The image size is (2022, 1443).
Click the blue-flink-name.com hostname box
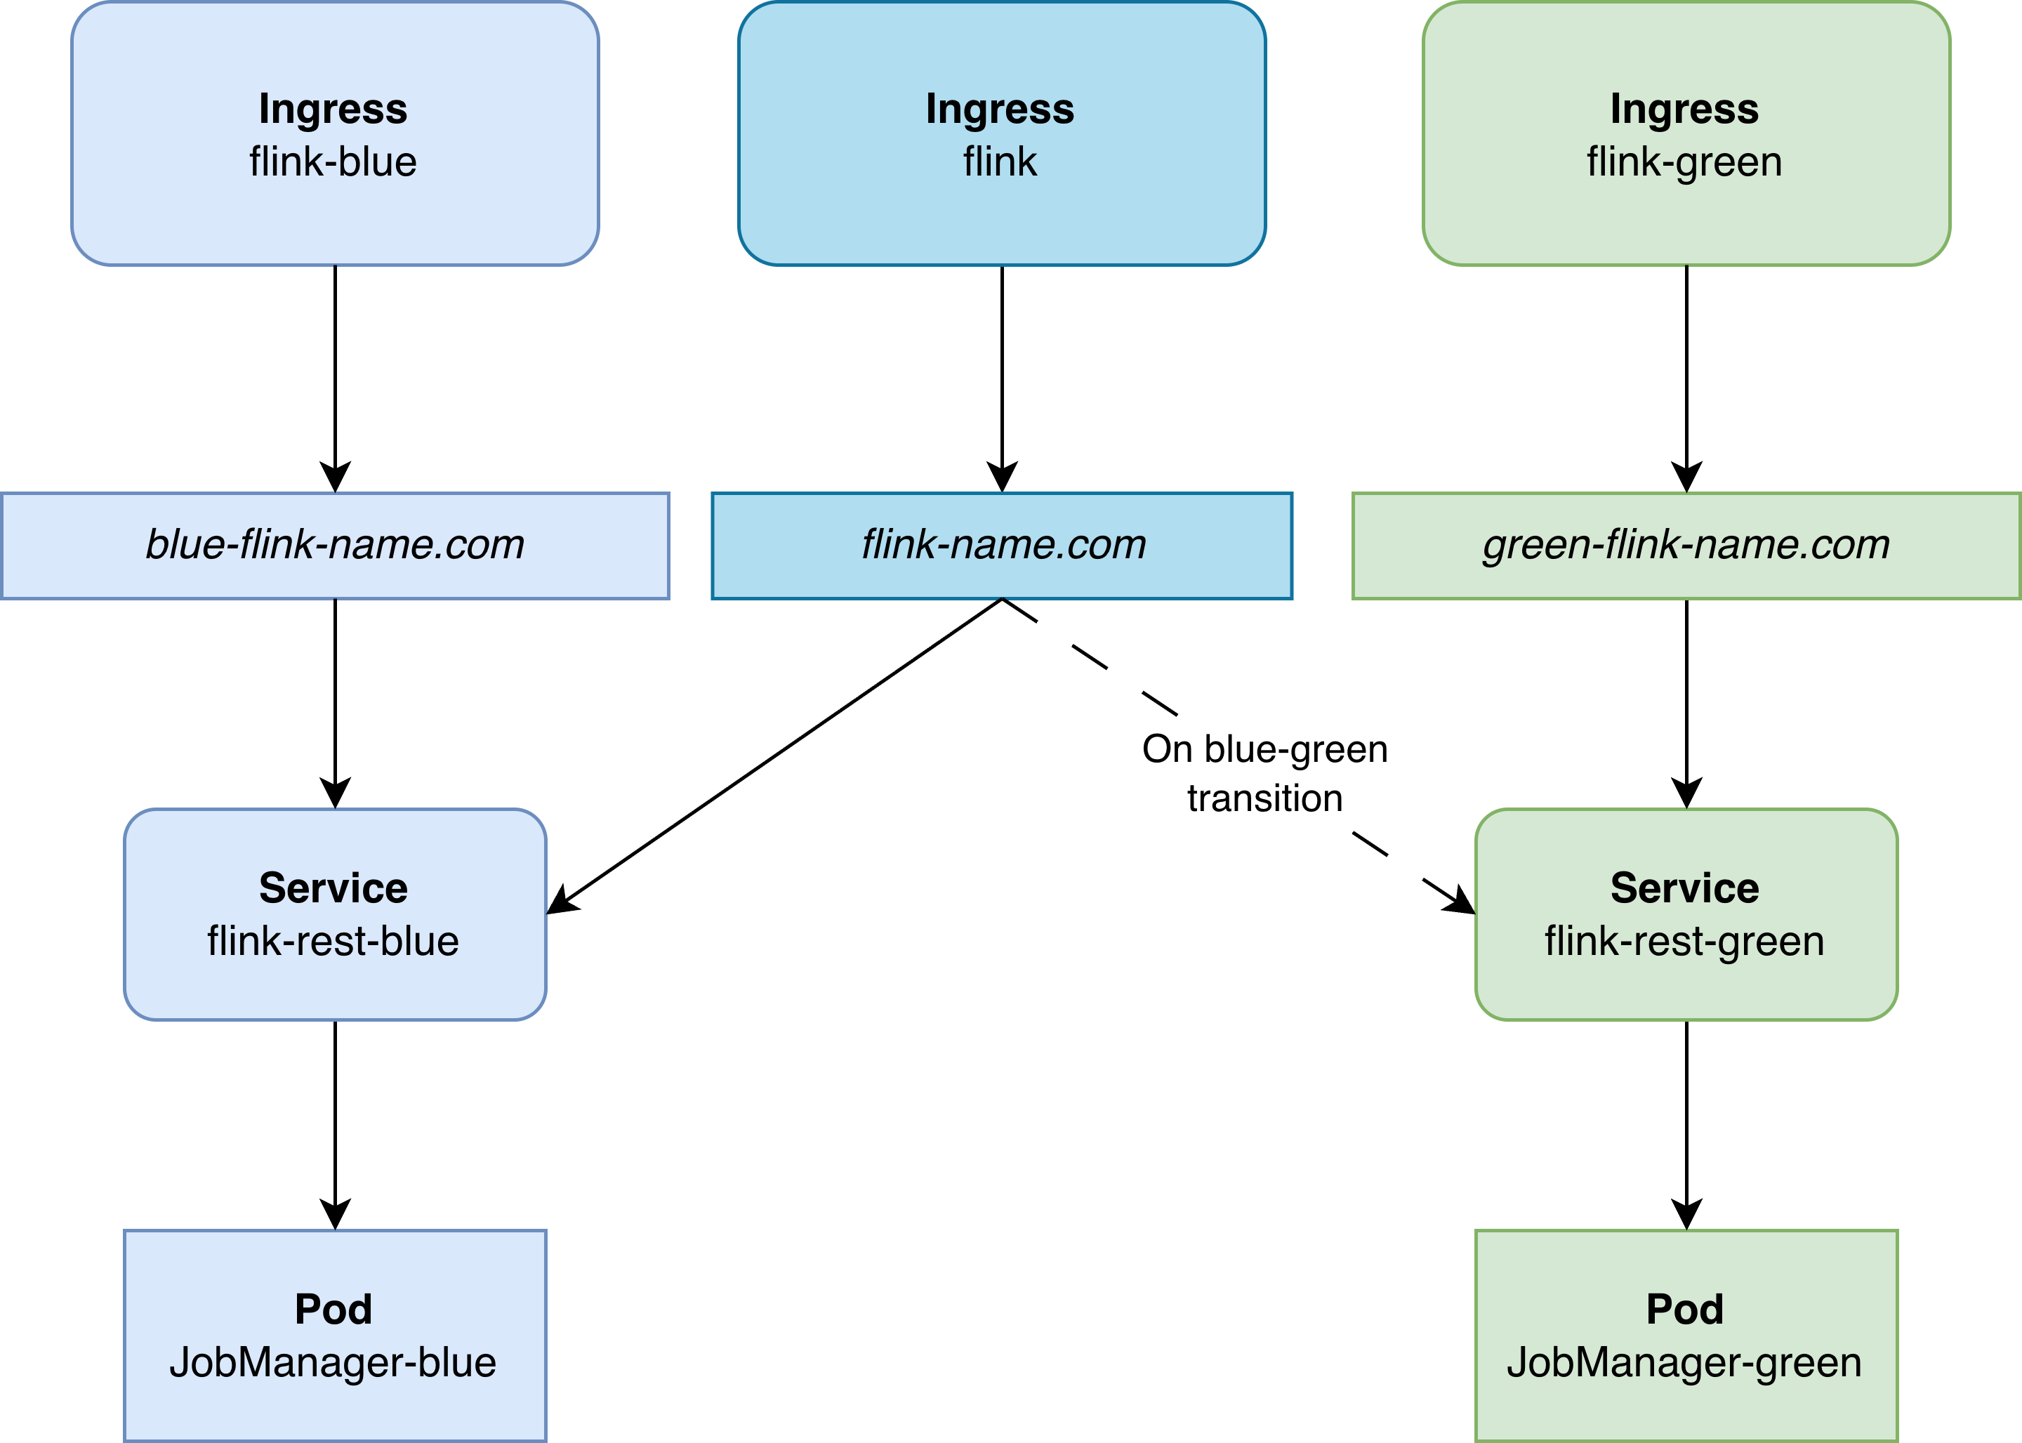coord(335,546)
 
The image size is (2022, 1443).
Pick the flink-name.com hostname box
coord(1002,546)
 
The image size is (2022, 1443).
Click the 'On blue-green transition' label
coord(1265,773)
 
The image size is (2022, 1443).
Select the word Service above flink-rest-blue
coord(333,888)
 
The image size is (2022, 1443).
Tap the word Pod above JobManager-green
coord(1684,1309)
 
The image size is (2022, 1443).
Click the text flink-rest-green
coord(1684,941)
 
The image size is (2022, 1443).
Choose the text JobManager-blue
coord(333,1362)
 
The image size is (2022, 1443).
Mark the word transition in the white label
coord(1265,798)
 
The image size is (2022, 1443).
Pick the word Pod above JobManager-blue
coord(333,1309)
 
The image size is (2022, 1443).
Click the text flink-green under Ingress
coord(1684,162)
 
